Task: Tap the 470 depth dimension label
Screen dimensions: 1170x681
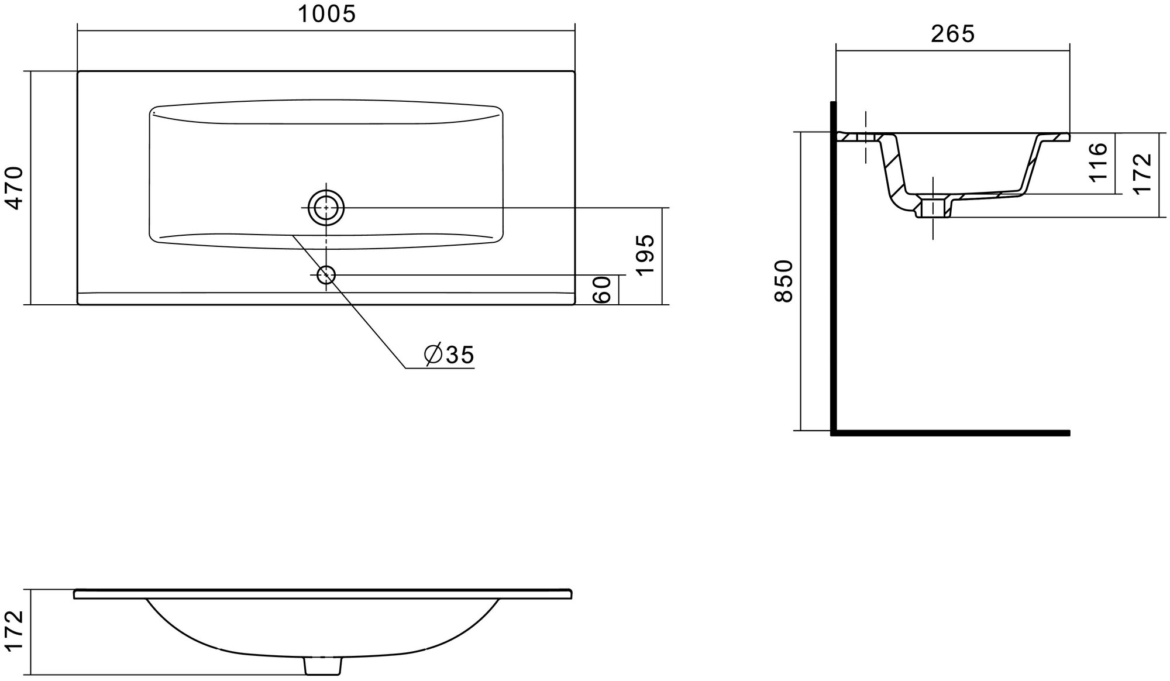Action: click(x=13, y=188)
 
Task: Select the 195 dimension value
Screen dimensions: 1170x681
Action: click(x=645, y=255)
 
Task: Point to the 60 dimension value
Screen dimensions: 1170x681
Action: click(x=603, y=290)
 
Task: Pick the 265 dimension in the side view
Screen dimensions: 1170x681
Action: click(x=952, y=34)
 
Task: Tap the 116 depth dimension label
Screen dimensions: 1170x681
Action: click(x=1098, y=162)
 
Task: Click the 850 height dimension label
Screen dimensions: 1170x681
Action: click(x=784, y=281)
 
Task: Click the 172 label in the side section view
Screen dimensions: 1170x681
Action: click(x=1143, y=173)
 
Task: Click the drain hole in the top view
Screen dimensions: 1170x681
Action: click(x=326, y=208)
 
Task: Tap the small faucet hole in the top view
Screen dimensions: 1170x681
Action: click(x=326, y=275)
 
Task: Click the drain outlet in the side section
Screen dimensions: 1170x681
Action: click(x=932, y=208)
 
